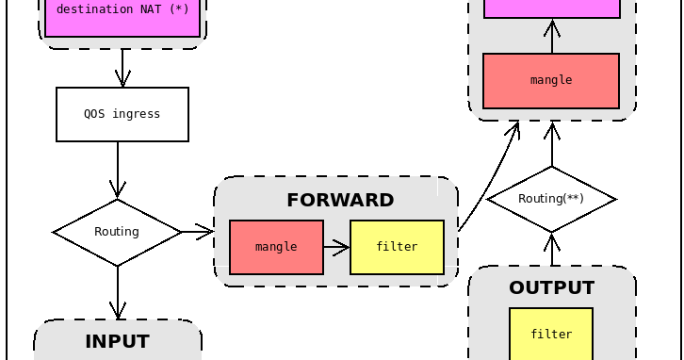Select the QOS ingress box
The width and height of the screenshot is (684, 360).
122,114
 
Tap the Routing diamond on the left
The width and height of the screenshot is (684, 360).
117,232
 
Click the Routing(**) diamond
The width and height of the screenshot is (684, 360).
551,199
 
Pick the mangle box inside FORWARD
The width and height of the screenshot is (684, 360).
276,247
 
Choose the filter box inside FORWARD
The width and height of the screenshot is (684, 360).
397,247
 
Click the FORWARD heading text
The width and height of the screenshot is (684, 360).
340,200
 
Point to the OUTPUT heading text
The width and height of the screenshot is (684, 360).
551,287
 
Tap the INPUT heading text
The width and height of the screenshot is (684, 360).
117,341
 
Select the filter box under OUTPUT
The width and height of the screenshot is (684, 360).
551,335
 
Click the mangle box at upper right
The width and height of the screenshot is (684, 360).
551,81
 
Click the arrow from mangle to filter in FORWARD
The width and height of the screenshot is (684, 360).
336,248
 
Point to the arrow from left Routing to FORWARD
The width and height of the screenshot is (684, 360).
197,231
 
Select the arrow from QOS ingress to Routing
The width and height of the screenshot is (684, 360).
118,170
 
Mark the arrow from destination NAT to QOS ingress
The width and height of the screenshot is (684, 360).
122,68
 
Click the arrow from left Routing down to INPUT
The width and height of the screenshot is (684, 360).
118,292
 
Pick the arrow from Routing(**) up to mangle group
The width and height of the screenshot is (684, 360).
552,143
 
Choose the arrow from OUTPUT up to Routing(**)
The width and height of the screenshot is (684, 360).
553,249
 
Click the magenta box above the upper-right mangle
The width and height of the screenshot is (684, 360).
551,8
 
